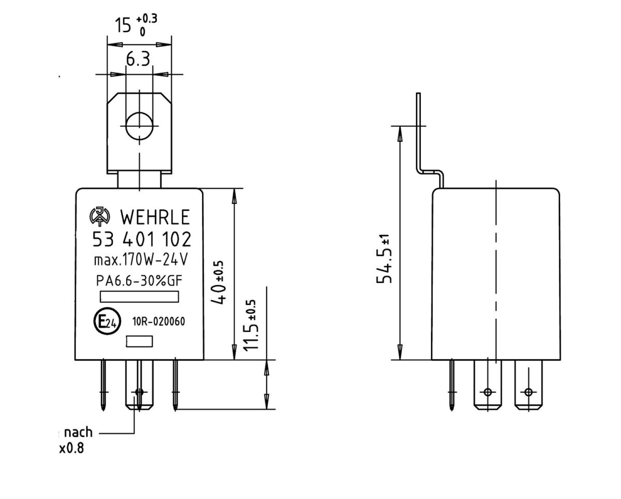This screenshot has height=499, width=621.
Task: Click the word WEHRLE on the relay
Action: tap(155, 216)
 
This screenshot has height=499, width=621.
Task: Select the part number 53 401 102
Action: tap(141, 239)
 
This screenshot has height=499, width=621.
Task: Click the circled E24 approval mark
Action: tap(107, 322)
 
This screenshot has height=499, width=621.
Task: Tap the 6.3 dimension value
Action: tap(138, 60)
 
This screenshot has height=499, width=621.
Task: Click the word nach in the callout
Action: tap(78, 432)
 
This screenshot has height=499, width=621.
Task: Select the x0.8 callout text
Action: tap(71, 448)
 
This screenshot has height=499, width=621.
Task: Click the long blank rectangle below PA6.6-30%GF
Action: tap(139, 297)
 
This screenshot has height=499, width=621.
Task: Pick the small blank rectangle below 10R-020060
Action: tap(140, 341)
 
